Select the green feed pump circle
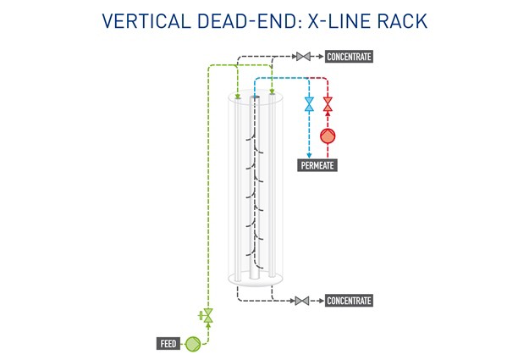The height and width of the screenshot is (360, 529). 192,343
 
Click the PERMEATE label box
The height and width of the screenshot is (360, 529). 318,166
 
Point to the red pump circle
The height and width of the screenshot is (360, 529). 328,135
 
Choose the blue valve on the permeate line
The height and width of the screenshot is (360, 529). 309,104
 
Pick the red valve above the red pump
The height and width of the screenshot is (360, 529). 328,104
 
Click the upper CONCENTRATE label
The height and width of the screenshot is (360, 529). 349,57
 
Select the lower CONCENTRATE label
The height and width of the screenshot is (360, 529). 349,301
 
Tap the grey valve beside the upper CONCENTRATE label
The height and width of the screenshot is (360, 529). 303,57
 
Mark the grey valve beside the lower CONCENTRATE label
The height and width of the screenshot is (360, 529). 303,301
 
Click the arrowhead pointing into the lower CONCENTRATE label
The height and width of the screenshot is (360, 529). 318,301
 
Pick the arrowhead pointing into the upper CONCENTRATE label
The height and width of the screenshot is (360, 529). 318,57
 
